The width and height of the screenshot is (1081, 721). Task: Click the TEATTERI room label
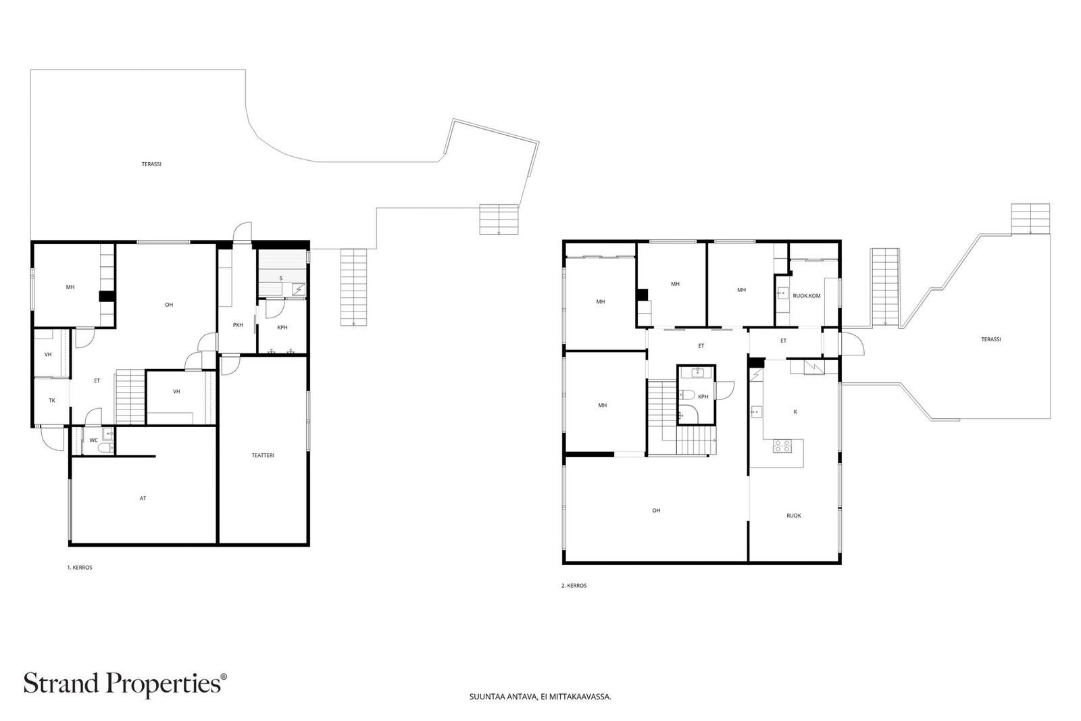tap(263, 455)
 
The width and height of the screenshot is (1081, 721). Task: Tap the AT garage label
tap(143, 498)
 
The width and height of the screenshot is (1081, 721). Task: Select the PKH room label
tap(238, 325)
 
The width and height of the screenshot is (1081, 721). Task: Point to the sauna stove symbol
tap(299, 289)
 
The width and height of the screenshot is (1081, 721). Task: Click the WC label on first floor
tap(94, 440)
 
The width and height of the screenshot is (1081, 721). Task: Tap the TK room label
tap(52, 400)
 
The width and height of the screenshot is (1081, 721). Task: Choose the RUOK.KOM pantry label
tap(807, 296)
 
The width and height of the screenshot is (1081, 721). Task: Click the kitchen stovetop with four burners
tap(782, 446)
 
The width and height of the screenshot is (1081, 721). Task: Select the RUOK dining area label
tap(794, 516)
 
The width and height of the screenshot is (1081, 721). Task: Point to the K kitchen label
tap(795, 412)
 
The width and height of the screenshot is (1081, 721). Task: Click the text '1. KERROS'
tap(80, 568)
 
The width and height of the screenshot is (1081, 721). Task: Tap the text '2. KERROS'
tap(574, 585)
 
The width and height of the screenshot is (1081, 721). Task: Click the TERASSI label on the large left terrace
tap(151, 164)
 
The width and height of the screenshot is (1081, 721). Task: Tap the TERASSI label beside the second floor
tap(990, 339)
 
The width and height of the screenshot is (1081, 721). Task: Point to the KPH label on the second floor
tap(703, 397)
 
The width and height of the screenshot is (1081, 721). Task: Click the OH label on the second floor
tap(656, 510)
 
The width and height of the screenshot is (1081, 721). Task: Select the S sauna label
tap(281, 278)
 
